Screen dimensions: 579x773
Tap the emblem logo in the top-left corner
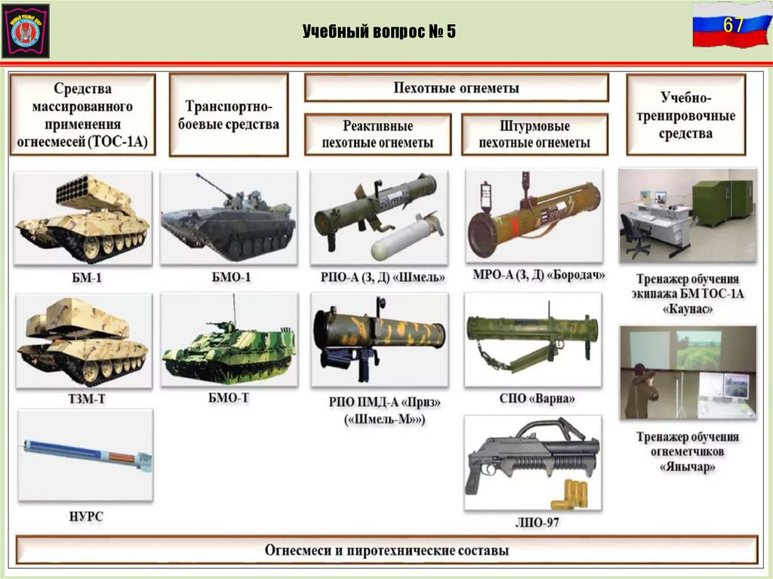point(25,30)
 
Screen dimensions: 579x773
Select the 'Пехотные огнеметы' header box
point(456,88)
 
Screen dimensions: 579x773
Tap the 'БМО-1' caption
point(229,277)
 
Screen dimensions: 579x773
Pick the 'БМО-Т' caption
point(229,398)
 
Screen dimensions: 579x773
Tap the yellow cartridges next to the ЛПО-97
point(571,495)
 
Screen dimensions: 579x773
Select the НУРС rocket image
point(85,453)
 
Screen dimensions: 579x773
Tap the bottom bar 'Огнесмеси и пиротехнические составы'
point(386,550)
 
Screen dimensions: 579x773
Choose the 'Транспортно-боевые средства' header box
point(228,115)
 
